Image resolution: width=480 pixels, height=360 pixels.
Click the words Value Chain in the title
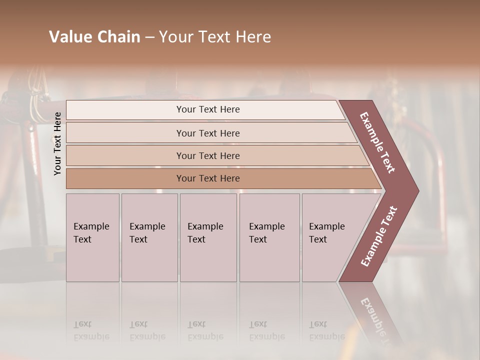(94, 37)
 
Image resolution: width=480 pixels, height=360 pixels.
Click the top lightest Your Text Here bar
(208, 109)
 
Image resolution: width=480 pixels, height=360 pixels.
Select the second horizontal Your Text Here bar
(208, 133)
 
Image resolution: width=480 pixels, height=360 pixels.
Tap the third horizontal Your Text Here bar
(208, 155)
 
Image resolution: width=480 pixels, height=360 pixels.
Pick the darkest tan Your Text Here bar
(208, 178)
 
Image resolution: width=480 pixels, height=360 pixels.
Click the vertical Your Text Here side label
(57, 143)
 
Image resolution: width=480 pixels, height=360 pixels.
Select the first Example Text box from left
(92, 237)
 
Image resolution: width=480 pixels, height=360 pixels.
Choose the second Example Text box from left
(149, 237)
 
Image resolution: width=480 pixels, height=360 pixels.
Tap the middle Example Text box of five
(207, 237)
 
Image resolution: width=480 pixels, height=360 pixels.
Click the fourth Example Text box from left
(269, 237)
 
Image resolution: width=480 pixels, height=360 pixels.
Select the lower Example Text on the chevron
(379, 236)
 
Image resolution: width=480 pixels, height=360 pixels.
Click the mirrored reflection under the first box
(91, 330)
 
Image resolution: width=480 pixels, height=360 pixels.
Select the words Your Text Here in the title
(215, 37)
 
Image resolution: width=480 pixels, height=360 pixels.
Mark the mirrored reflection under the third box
(205, 330)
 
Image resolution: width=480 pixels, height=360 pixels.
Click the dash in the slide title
(149, 37)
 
